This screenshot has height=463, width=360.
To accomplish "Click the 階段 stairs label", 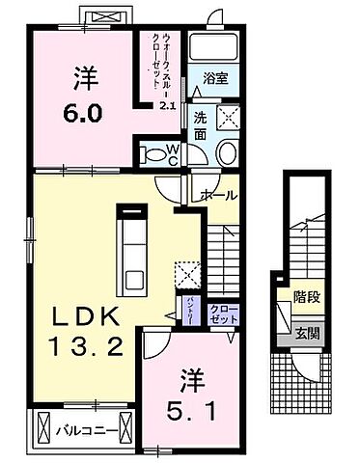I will click(x=307, y=299).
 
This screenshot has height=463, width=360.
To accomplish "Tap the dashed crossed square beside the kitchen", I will click(x=188, y=273).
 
